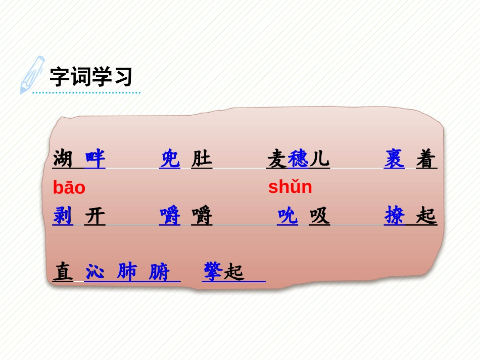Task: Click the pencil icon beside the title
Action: point(31,74)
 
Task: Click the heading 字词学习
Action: point(91,77)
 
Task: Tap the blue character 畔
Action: point(95,159)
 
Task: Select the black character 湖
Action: point(63,159)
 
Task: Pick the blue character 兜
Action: point(170,159)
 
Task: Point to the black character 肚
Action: point(202,160)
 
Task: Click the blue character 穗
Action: point(298,160)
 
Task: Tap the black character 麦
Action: point(277,160)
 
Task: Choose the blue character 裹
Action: point(394,159)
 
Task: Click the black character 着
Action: point(426,160)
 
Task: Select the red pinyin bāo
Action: point(69,188)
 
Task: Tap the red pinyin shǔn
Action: point(290,187)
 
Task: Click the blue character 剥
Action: point(63,216)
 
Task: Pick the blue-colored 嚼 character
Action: point(170,216)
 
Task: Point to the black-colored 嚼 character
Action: point(202,216)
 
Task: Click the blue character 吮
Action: point(287,216)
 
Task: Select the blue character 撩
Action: point(394,216)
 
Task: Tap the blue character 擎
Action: point(213,272)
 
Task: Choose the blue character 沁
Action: point(95,272)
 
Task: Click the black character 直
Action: point(63,272)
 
